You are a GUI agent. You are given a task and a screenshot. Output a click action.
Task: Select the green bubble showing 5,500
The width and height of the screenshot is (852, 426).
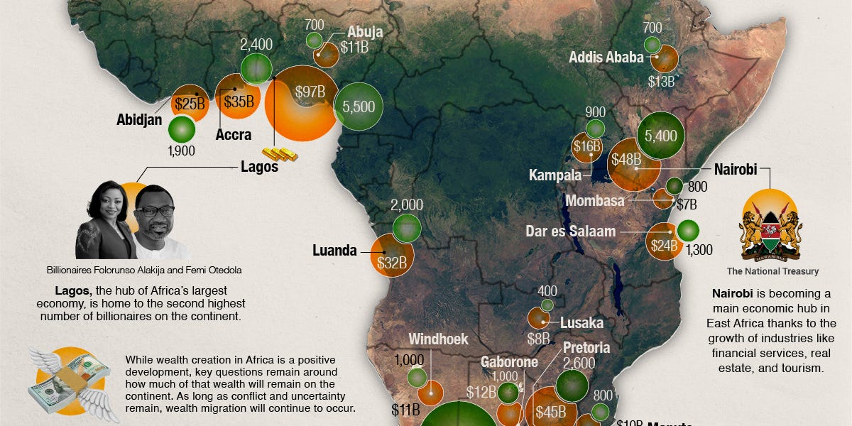[x=359, y=106]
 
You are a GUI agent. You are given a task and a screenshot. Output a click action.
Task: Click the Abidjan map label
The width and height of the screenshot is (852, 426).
[x=140, y=120]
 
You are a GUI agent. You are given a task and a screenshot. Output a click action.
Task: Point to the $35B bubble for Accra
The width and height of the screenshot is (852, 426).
[x=239, y=101]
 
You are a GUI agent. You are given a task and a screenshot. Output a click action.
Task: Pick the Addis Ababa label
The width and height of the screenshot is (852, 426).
[x=606, y=58]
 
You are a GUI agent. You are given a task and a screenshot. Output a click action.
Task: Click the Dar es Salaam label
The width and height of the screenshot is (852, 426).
[x=571, y=231]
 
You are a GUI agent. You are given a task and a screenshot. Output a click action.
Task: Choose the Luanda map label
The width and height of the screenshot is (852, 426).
[x=334, y=250]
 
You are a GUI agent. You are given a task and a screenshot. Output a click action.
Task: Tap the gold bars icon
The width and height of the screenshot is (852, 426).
[x=280, y=154]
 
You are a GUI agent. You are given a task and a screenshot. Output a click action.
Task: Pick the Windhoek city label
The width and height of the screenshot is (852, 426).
[x=438, y=339]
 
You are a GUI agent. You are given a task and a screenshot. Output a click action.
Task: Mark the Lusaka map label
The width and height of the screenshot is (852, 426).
[x=581, y=323]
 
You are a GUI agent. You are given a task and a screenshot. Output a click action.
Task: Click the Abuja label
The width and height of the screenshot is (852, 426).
[x=365, y=32]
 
